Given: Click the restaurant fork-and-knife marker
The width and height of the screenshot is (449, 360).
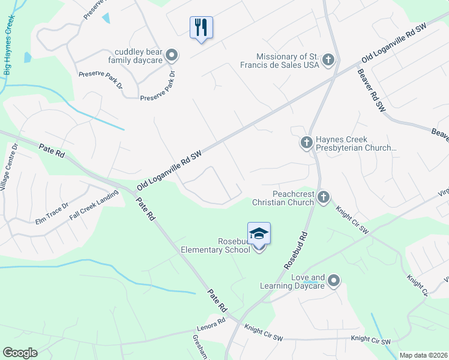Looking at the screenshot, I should coord(202,28).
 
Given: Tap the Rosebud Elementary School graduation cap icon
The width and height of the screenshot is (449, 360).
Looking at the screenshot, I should coord(259,233).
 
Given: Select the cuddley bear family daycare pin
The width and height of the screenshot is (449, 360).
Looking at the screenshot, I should coord(172,56).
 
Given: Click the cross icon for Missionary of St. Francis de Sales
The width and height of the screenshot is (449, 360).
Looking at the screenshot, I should coord(328,59).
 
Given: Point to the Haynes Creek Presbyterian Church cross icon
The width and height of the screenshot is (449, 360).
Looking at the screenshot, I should coord(306,143).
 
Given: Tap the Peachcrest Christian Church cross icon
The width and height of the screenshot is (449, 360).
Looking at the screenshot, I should coord(323,197).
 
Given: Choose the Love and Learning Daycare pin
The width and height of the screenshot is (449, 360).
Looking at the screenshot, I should coord(334,280).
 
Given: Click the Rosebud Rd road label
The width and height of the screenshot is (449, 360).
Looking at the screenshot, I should coord(295,250).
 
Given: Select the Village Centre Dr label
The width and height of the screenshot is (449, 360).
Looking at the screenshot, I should coord(9,173).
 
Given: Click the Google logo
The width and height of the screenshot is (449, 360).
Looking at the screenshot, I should coord(20,353).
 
